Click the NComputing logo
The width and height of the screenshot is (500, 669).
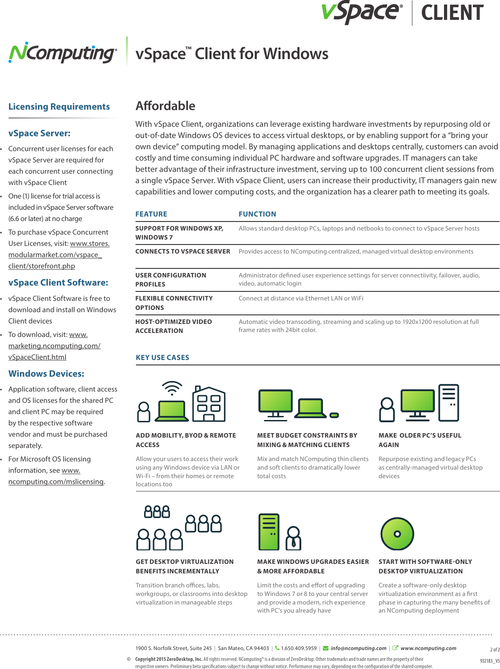63,54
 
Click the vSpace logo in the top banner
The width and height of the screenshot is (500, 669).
361,12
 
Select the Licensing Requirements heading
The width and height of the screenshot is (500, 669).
59,107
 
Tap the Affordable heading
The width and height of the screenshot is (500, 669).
165,106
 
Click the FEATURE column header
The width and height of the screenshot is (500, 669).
151,214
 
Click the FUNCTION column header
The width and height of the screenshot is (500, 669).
257,214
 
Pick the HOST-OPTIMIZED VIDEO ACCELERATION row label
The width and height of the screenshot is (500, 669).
173,326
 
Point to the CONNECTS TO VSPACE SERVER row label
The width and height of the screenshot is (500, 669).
182,252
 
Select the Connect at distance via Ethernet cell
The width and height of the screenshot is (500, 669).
301,299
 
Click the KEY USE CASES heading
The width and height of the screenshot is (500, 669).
163,358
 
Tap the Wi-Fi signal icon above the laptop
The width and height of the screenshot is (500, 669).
172,388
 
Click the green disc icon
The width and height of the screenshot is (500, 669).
397,534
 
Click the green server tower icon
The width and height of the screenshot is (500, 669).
269,531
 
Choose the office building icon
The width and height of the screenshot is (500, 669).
209,404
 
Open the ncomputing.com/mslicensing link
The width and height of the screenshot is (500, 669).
56,482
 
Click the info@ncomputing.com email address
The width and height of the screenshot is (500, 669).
358,648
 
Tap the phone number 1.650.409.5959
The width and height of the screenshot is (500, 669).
299,648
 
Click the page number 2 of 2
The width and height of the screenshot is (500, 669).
495,650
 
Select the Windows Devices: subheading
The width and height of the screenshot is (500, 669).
46,374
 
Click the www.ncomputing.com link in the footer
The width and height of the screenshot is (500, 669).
428,648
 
